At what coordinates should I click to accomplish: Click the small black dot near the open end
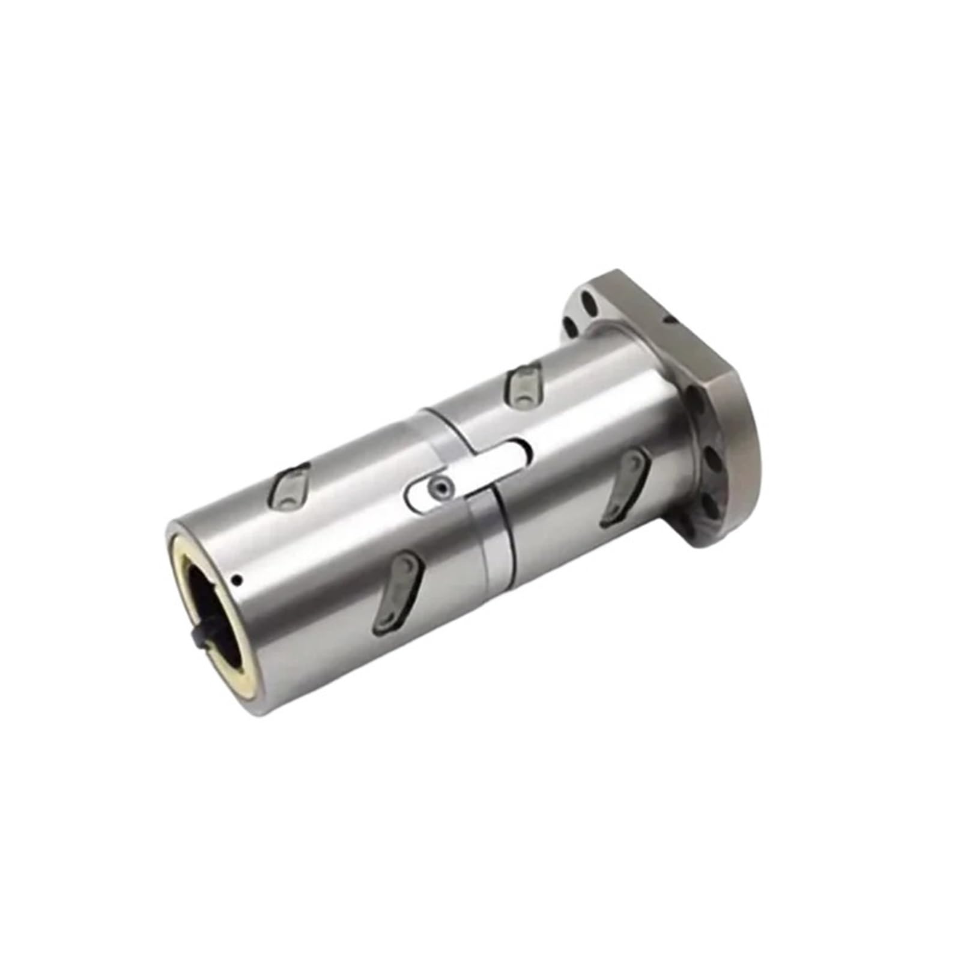tap(239, 580)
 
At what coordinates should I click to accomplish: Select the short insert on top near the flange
tap(524, 385)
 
